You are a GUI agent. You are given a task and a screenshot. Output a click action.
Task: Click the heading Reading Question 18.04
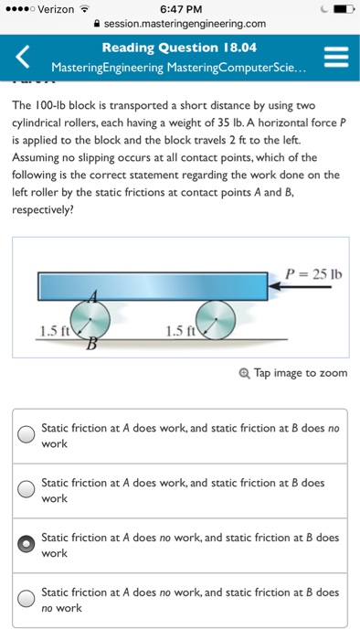[x=179, y=48]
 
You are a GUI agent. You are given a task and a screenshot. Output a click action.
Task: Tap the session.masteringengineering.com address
[x=184, y=25]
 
